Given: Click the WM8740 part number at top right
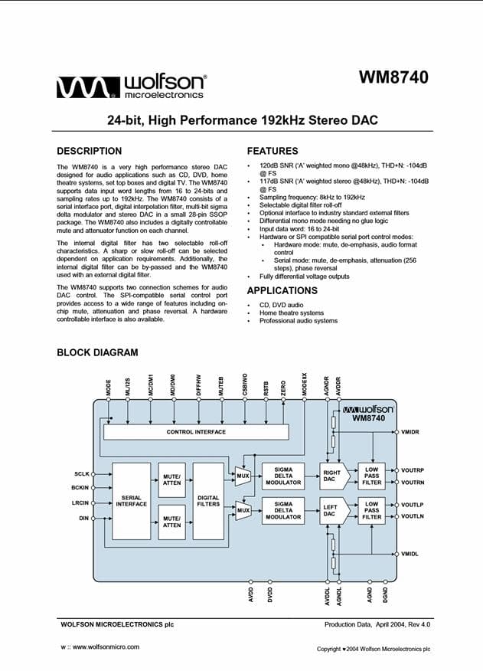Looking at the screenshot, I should (x=393, y=77).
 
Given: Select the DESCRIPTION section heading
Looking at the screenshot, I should (x=89, y=151).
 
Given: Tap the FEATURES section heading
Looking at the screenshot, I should (x=273, y=151).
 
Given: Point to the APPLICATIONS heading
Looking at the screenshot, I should (x=282, y=290).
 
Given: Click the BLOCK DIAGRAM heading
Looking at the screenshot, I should (x=97, y=352).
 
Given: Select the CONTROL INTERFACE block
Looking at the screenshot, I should (x=196, y=432).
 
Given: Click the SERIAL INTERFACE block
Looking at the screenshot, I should (x=131, y=500).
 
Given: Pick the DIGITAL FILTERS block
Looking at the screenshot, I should (x=208, y=500).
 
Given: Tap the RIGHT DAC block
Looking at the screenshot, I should (x=331, y=476).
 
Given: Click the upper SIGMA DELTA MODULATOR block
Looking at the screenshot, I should (x=283, y=476).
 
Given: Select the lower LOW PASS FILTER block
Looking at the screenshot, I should (x=372, y=511).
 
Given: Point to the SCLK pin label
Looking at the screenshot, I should (x=82, y=473).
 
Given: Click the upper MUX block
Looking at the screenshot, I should (x=243, y=476).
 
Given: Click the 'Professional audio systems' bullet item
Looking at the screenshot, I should (x=298, y=321).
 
